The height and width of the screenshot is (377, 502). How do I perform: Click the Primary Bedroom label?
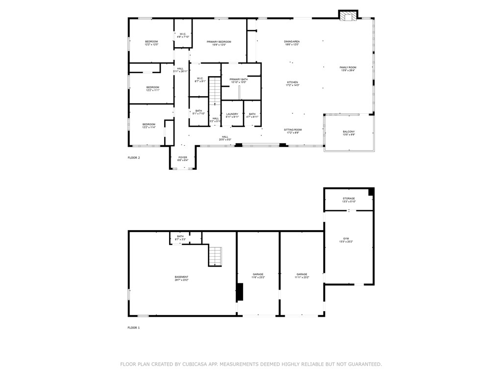[219, 43]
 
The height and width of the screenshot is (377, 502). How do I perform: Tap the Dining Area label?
[292, 43]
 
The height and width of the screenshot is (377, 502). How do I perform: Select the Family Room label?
[348, 69]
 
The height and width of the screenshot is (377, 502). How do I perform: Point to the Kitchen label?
[292, 83]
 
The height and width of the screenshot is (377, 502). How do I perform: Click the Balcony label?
[349, 133]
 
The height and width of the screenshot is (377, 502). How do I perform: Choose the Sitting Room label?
[293, 131]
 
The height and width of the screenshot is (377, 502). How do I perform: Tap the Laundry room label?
[232, 115]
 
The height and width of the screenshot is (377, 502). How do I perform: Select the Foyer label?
[182, 159]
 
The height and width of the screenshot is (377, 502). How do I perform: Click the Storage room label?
[349, 200]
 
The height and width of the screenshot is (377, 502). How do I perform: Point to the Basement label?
[181, 278]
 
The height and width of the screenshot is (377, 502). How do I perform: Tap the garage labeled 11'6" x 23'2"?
[258, 276]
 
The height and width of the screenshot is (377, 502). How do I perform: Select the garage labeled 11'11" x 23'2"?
[301, 276]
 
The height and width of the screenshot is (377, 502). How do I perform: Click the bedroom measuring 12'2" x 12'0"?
[151, 43]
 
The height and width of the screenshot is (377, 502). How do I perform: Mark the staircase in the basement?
[215, 256]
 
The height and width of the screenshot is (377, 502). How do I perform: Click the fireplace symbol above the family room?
[349, 16]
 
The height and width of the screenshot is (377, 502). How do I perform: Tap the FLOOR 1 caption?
[134, 327]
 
